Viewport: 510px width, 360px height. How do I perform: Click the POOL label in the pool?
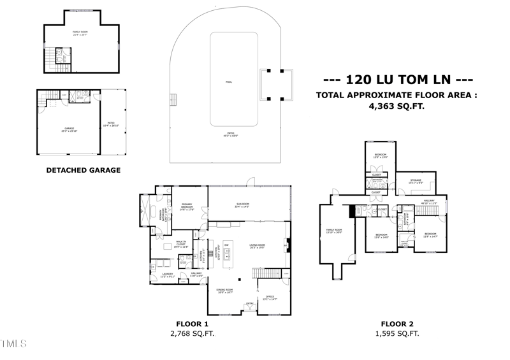click(229, 82)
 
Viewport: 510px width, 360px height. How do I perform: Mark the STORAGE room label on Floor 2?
click(416, 182)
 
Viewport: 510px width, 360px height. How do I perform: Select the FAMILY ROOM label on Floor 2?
click(334, 231)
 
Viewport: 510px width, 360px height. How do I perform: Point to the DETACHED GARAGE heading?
click(84, 170)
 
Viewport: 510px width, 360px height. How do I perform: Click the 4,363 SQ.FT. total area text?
click(396, 107)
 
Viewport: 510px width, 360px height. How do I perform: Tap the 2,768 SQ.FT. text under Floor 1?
click(192, 334)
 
